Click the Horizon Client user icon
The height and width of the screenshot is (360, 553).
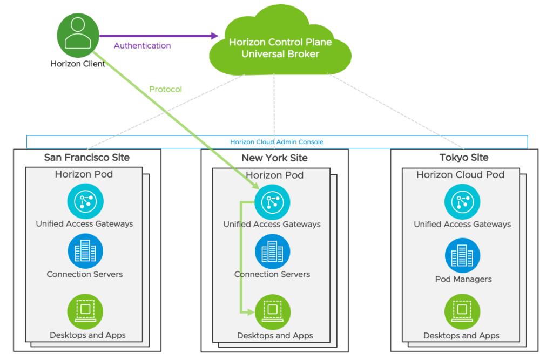(78, 35)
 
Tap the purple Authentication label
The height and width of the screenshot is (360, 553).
(142, 45)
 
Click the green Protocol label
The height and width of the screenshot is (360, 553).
(165, 89)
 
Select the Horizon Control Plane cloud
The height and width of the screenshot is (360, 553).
(280, 41)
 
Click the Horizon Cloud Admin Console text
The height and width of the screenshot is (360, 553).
(277, 142)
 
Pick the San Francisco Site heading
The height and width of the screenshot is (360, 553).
(87, 157)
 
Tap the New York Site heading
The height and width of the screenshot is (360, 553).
(274, 158)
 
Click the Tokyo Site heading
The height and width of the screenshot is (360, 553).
(464, 157)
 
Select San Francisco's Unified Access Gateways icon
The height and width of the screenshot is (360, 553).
(85, 201)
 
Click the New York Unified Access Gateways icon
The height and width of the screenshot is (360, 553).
(272, 202)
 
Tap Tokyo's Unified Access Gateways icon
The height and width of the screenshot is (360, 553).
(462, 202)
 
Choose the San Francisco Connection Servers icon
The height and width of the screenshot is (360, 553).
(85, 251)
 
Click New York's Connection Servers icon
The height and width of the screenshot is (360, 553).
(272, 252)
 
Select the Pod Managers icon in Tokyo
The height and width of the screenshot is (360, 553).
(462, 255)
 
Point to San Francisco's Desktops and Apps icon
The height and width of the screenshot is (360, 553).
(85, 312)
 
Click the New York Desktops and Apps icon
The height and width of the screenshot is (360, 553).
(273, 313)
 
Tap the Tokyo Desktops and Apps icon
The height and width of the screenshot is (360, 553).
(462, 312)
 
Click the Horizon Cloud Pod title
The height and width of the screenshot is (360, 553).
(460, 174)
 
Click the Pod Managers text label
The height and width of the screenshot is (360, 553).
(463, 279)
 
